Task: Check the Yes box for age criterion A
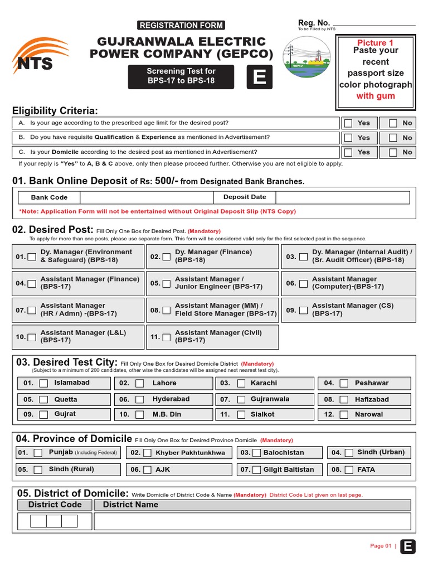point(348,123)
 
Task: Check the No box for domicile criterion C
point(393,152)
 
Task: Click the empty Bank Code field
point(147,197)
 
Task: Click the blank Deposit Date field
point(342,197)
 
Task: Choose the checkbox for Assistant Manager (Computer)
point(303,284)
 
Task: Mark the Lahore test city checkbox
point(140,384)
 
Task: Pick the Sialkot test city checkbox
point(241,415)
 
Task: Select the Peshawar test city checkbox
point(344,384)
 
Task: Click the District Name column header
point(130,505)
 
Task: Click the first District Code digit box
point(38,521)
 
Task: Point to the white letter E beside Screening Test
point(259,78)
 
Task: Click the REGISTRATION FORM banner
point(181,25)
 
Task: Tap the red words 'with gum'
point(376,96)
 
